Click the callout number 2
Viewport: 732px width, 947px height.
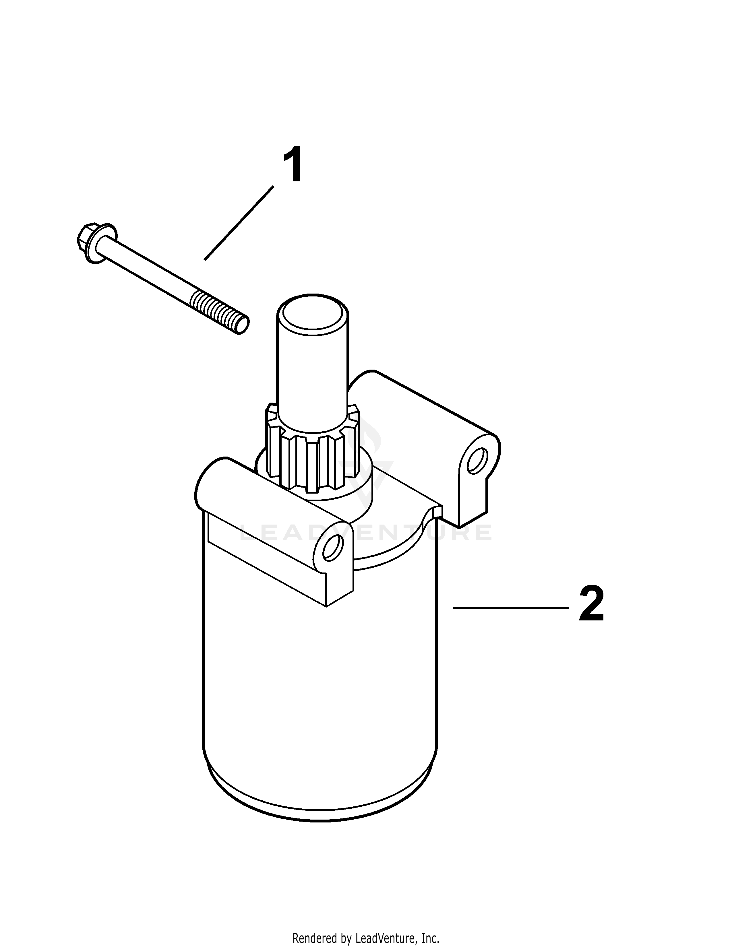(592, 604)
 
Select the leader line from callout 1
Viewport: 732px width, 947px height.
(239, 223)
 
